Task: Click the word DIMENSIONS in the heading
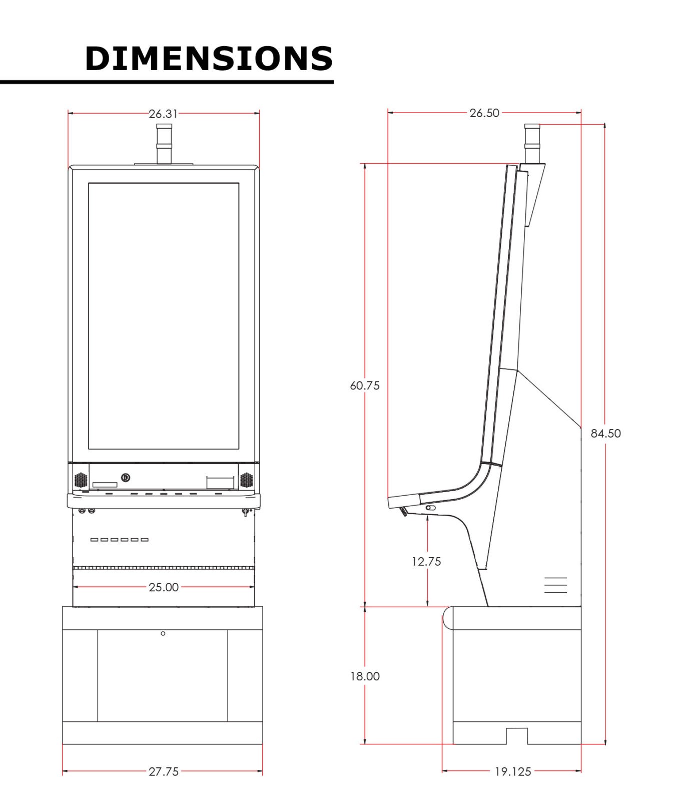209,59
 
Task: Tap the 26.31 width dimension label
163,114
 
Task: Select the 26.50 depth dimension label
484,113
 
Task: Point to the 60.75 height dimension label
365,385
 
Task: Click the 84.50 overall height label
605,434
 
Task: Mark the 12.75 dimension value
426,562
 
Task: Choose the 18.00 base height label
365,676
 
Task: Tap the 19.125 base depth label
513,771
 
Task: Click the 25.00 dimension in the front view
164,587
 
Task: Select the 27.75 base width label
164,771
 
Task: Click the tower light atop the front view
164,144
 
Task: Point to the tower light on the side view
532,144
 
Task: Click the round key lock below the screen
126,478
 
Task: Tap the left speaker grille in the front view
81,480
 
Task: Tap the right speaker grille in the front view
246,480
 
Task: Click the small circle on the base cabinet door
163,633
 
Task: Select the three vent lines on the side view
555,585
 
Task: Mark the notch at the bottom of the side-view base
517,736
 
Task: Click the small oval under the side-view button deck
430,508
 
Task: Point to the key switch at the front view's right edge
245,512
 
